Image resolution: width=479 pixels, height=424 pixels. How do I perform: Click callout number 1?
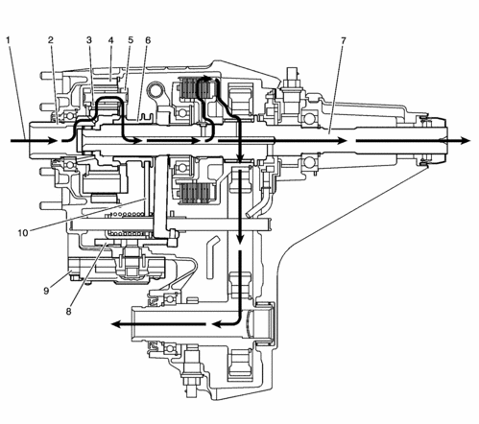click(9, 40)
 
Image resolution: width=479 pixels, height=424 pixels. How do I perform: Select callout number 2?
click(51, 40)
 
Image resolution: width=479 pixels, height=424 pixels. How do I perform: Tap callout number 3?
click(89, 40)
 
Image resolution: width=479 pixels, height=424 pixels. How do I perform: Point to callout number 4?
click(110, 40)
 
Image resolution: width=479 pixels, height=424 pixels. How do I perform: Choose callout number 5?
click(131, 40)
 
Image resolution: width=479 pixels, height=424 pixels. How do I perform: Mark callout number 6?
click(148, 40)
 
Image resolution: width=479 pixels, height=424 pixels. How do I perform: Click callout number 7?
click(344, 40)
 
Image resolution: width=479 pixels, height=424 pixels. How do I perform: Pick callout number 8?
click(68, 311)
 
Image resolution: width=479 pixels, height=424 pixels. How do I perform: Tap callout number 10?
click(23, 233)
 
